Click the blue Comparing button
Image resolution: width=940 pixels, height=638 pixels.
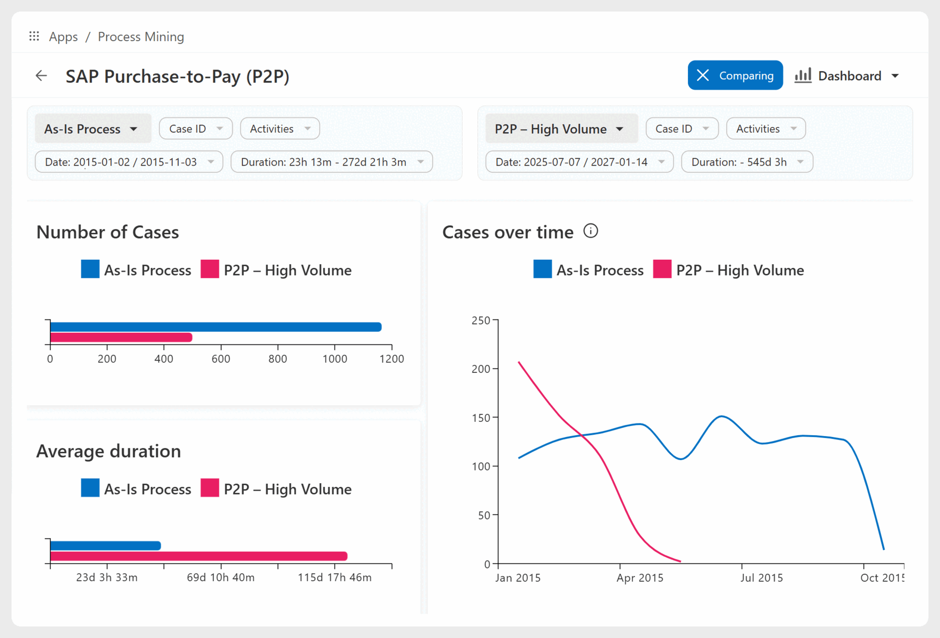click(x=735, y=75)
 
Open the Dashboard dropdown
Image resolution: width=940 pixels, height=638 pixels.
click(x=847, y=76)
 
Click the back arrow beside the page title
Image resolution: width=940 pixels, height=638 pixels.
click(x=41, y=76)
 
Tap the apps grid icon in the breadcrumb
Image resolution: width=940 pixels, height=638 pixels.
click(x=34, y=36)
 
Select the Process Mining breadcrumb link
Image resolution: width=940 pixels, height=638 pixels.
click(x=141, y=37)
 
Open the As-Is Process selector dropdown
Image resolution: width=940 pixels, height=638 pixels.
click(x=93, y=129)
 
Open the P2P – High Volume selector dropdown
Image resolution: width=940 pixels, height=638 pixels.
click(x=561, y=129)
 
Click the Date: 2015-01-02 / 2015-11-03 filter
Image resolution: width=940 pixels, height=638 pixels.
click(x=129, y=162)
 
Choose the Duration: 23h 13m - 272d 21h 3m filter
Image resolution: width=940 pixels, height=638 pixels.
click(x=331, y=162)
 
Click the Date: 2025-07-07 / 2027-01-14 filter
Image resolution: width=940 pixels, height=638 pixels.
click(x=579, y=162)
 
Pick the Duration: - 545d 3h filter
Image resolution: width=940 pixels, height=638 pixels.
click(x=747, y=162)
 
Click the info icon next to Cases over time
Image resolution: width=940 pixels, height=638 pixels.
click(x=591, y=231)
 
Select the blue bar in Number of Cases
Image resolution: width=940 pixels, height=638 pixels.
click(x=216, y=327)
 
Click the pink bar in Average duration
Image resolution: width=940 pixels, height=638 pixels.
click(x=199, y=556)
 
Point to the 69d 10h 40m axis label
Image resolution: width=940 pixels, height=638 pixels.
click(x=221, y=578)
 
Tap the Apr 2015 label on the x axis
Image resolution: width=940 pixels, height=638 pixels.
click(x=640, y=578)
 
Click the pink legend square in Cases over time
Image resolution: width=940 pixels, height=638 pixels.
click(x=662, y=269)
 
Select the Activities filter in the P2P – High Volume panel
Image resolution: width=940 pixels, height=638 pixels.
click(x=766, y=129)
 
